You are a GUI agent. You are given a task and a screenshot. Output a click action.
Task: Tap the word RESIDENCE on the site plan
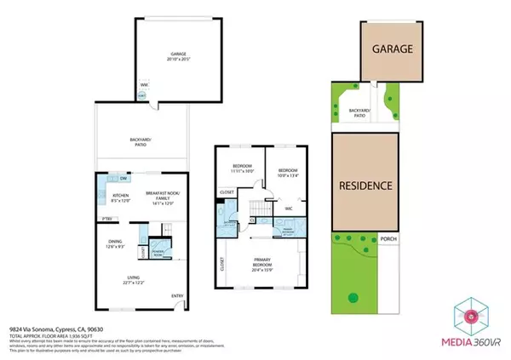365,186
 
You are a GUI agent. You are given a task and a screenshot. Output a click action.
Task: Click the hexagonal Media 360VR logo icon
470,317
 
